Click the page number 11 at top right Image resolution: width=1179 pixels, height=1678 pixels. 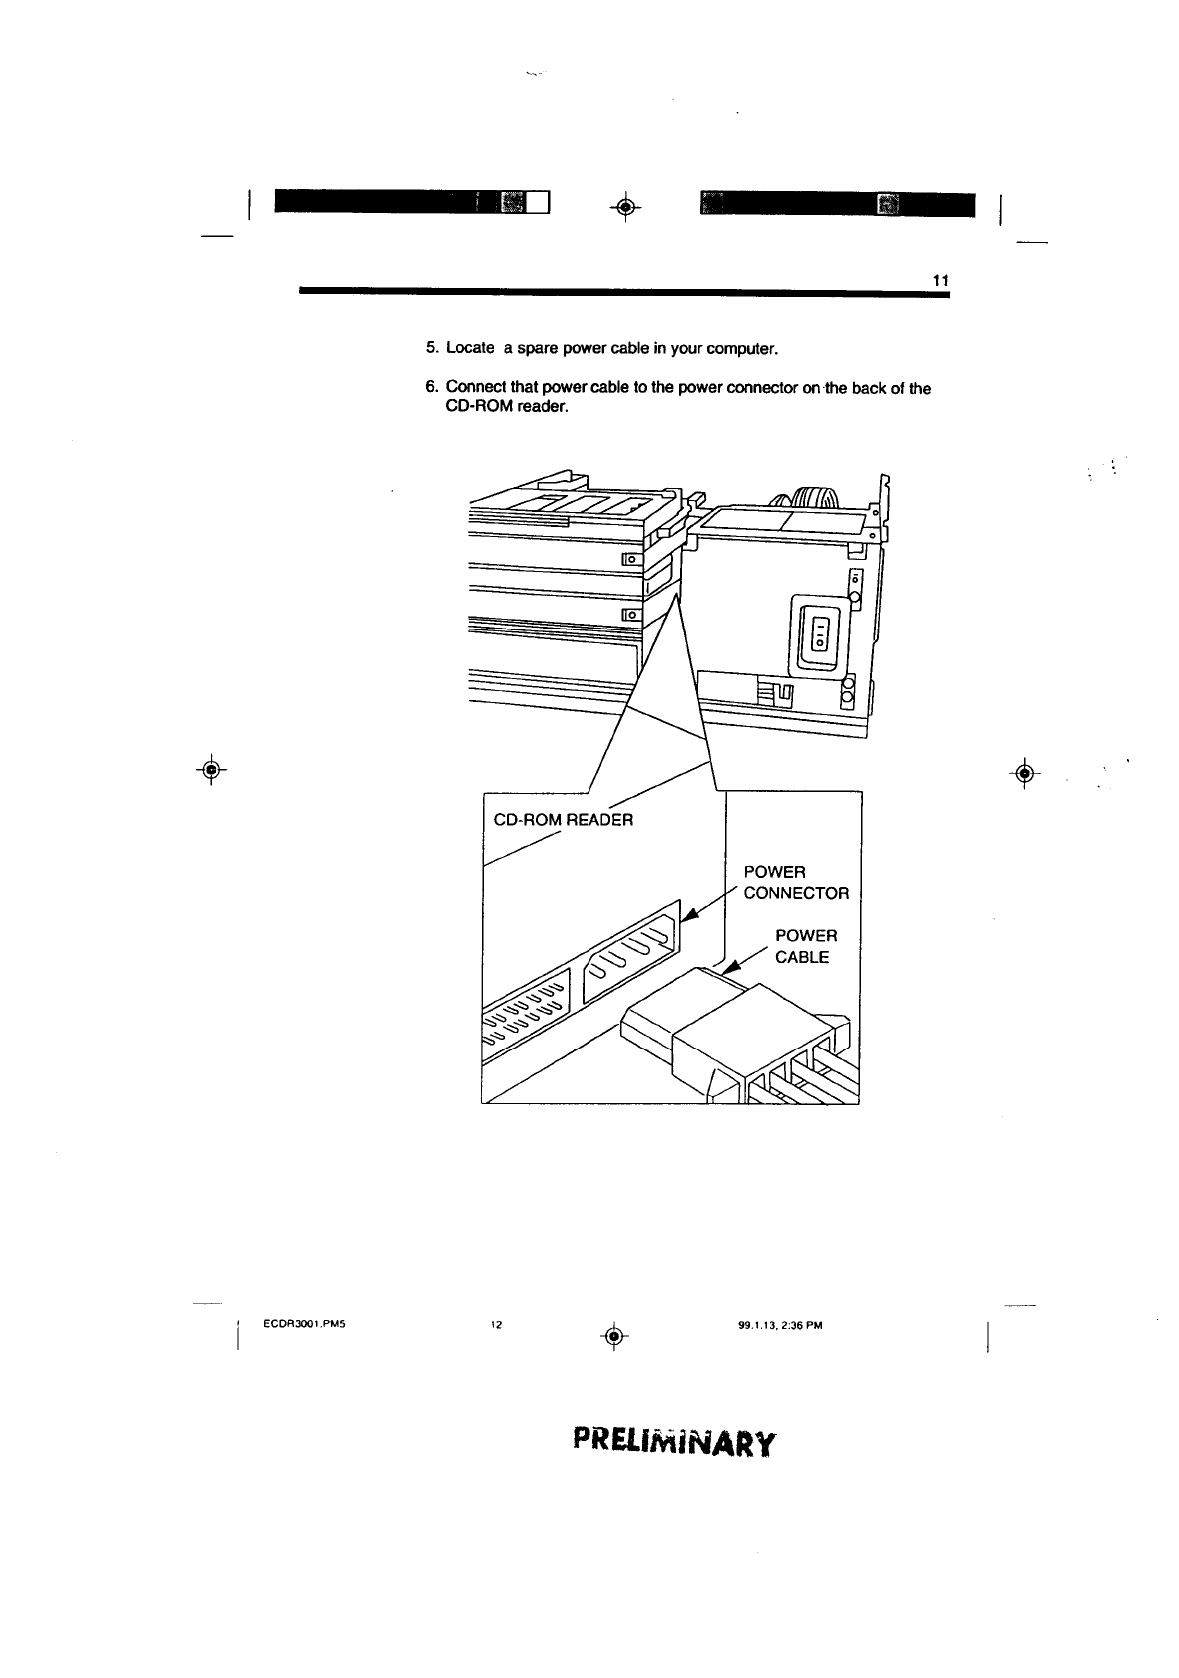pos(939,281)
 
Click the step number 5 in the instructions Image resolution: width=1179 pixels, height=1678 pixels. pos(431,348)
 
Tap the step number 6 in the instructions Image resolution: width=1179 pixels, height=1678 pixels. pos(431,388)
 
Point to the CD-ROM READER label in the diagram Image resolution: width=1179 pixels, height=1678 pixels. pos(564,820)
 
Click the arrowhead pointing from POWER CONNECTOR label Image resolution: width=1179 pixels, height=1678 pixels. pos(689,919)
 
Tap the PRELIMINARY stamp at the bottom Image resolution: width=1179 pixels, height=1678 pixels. pos(673,1443)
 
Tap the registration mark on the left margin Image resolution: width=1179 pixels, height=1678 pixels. pos(211,769)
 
